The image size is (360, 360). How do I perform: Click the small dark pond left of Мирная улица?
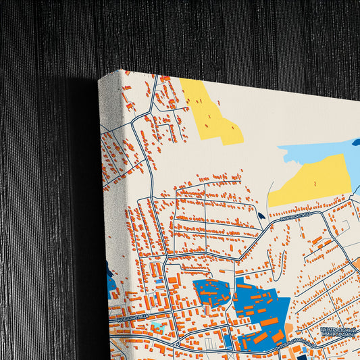click(261, 217)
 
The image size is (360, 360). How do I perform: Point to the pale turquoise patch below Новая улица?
click(158, 327)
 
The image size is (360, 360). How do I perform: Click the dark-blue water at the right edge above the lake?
click(356, 143)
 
